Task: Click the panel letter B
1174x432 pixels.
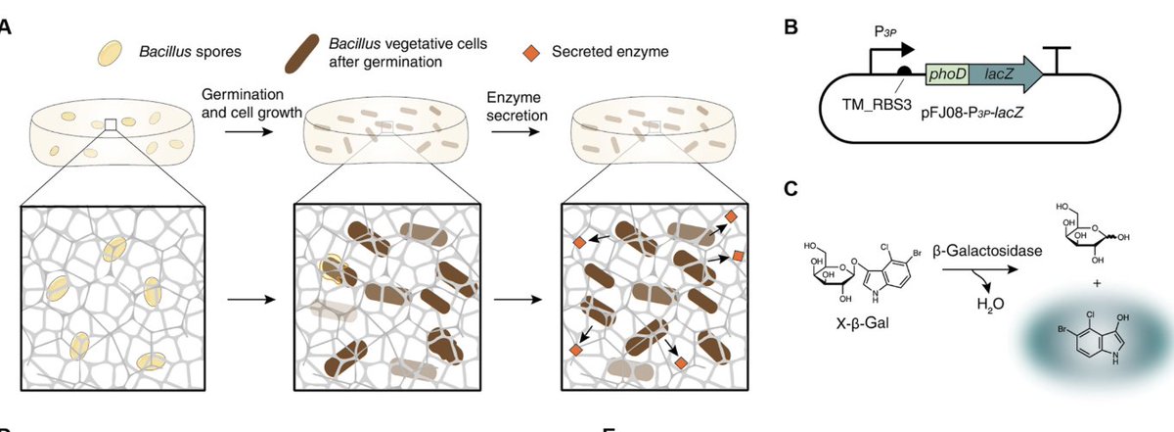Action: click(792, 27)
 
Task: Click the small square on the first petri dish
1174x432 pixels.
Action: click(112, 124)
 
